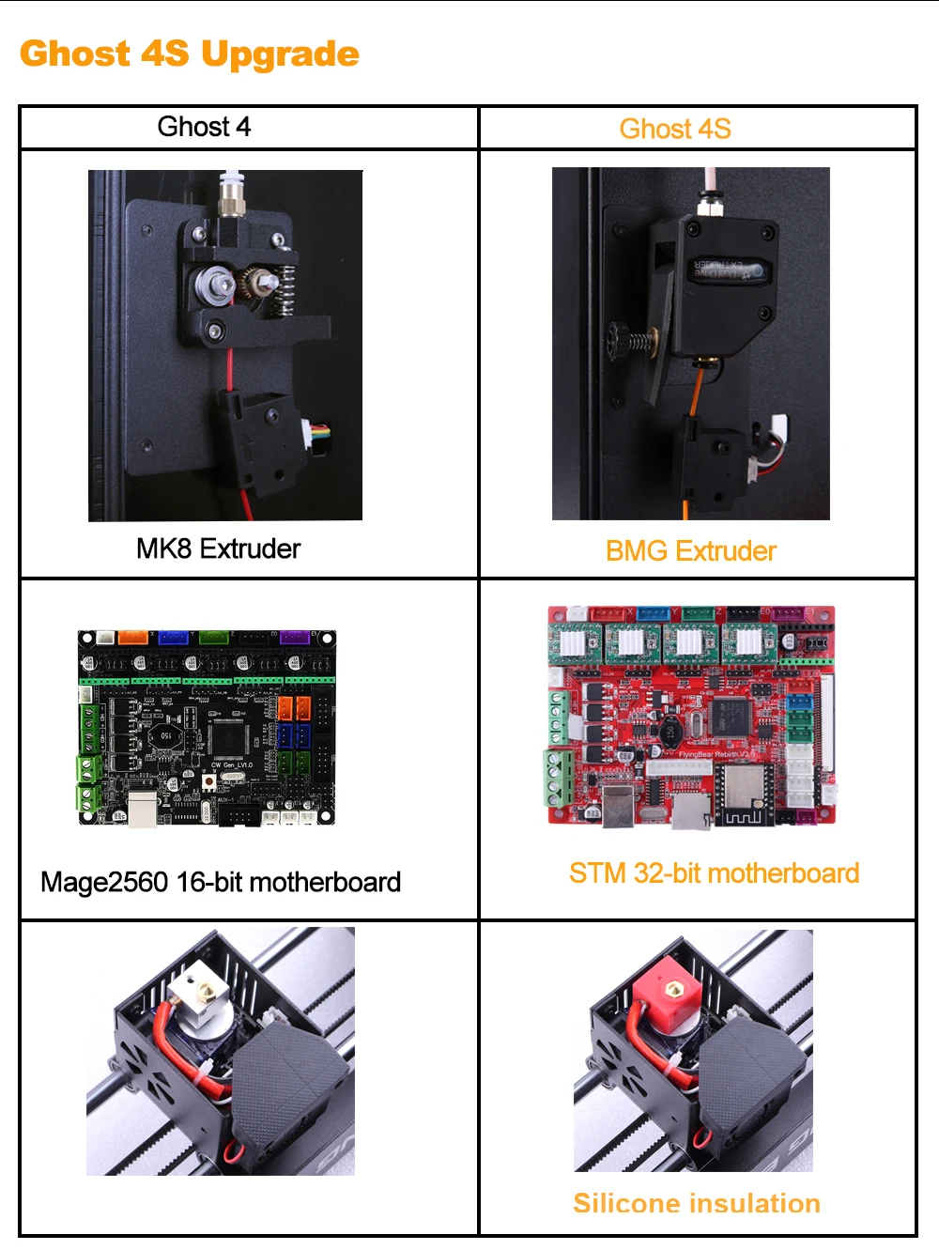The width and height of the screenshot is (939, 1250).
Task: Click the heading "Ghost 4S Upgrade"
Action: pos(189,54)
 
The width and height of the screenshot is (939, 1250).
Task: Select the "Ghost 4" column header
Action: pos(204,127)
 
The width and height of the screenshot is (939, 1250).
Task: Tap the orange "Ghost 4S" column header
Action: pos(675,129)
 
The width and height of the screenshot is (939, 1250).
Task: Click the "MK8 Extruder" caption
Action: pos(218,548)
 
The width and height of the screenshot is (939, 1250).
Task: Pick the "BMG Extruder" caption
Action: pos(691,551)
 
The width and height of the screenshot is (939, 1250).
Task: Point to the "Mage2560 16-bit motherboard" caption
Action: pos(221,882)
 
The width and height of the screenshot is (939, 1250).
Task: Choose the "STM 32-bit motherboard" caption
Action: pos(714,873)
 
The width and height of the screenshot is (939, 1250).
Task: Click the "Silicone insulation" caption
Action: pos(697,1203)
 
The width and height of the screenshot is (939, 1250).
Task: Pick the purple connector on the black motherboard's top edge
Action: pos(294,638)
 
